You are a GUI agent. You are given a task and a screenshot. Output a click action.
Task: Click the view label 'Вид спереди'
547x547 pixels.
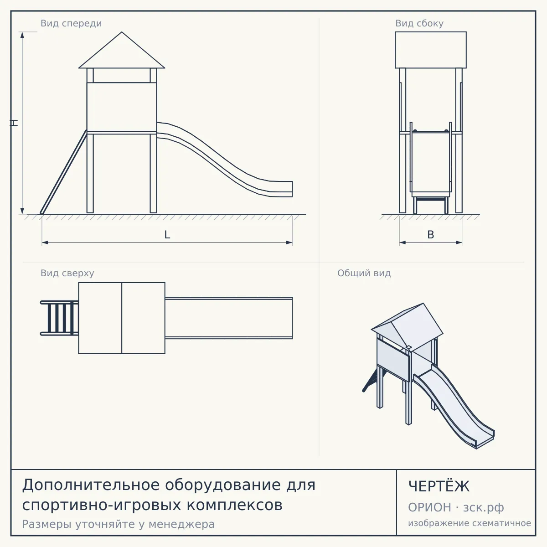coord(71,24)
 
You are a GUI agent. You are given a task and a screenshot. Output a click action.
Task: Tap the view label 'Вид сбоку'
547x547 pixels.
coord(419,24)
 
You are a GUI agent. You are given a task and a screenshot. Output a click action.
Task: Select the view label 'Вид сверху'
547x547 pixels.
coord(67,273)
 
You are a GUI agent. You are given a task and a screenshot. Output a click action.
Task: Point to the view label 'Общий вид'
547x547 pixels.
coord(364,273)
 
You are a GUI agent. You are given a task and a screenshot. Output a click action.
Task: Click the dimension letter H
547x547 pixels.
coord(14,123)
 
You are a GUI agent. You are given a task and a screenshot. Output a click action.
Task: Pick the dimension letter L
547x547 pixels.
coord(167,235)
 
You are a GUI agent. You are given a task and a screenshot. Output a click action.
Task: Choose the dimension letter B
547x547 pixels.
coord(431,235)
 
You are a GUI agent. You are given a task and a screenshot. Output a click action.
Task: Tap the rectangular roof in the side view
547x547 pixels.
coord(431,50)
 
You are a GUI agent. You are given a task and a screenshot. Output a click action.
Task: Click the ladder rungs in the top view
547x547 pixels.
coord(60,318)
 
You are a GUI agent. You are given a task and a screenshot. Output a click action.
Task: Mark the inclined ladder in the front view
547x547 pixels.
coord(63,172)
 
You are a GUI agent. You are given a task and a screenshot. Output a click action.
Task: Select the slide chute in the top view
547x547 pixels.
coord(229,318)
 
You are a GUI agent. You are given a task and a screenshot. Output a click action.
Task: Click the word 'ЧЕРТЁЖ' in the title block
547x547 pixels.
coord(439,486)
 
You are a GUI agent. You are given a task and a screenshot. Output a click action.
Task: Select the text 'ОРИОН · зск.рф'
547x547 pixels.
coord(456,507)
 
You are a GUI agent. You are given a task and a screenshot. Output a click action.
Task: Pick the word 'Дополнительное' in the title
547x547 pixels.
coord(91,485)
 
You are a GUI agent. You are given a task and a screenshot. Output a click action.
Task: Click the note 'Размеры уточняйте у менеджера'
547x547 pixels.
coord(119,524)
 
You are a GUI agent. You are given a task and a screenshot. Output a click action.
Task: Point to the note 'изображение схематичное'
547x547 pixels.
coord(470,523)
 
